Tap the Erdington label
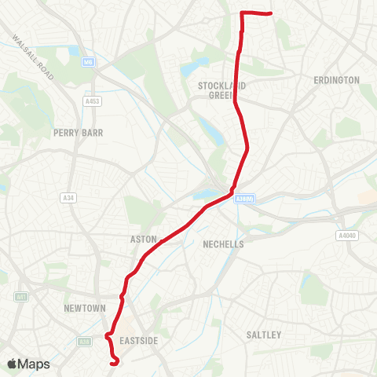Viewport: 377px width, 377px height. (x=336, y=80)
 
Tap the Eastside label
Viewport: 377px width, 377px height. (x=141, y=340)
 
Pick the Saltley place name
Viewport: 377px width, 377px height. (x=263, y=335)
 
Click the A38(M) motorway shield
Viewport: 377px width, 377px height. (x=243, y=198)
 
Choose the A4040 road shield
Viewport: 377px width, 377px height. (x=346, y=235)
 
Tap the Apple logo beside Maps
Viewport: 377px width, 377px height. (x=12, y=364)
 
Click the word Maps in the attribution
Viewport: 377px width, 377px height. (x=34, y=364)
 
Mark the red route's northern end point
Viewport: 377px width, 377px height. (x=270, y=14)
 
